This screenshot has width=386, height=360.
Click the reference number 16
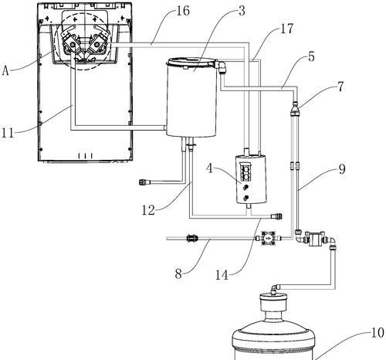[x=183, y=11]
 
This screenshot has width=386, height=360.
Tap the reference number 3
[x=242, y=11]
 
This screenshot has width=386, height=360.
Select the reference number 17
[x=286, y=29]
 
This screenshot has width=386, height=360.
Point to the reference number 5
[x=311, y=56]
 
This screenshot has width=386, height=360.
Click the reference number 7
[x=340, y=87]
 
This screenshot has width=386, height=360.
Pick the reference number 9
[x=342, y=169]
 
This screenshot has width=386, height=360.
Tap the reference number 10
[x=378, y=333]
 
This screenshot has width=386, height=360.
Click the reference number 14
[x=222, y=275]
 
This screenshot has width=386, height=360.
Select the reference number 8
[x=178, y=273]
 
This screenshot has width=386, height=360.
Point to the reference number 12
[x=148, y=210]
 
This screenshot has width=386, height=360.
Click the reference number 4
[x=210, y=169]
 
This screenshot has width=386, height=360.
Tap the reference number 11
[x=8, y=133]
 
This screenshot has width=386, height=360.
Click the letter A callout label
[x=5, y=70]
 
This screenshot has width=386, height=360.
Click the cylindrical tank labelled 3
[x=191, y=97]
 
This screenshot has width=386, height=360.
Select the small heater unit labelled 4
[x=251, y=178]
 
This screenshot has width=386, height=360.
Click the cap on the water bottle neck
[x=273, y=302]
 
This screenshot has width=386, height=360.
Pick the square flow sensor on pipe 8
[x=268, y=238]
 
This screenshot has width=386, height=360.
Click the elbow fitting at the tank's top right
[x=221, y=66]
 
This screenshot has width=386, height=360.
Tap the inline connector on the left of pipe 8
[x=191, y=238]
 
